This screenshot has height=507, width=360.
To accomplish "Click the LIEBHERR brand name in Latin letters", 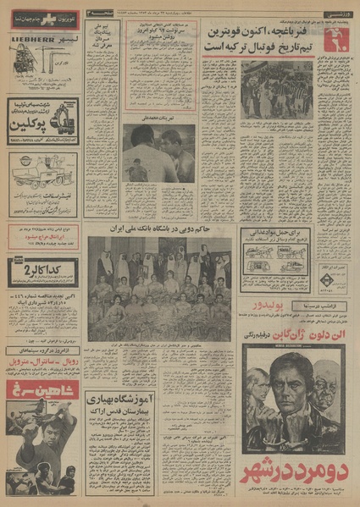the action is point(32,39).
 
